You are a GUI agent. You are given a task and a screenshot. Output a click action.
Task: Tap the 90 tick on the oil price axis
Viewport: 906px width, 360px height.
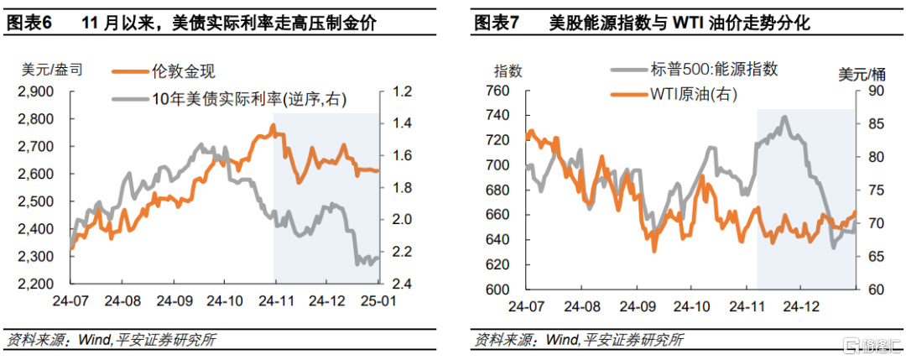coord(870,91)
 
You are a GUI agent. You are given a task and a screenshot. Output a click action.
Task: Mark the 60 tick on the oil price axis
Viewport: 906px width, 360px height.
coord(870,290)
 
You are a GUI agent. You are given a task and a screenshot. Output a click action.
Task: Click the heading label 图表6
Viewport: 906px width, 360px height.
coord(29,23)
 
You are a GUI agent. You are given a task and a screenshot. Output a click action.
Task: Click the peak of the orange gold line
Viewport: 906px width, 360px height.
coord(273,125)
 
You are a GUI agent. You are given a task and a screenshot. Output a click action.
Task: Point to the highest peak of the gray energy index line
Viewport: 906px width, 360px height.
coord(785,117)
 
